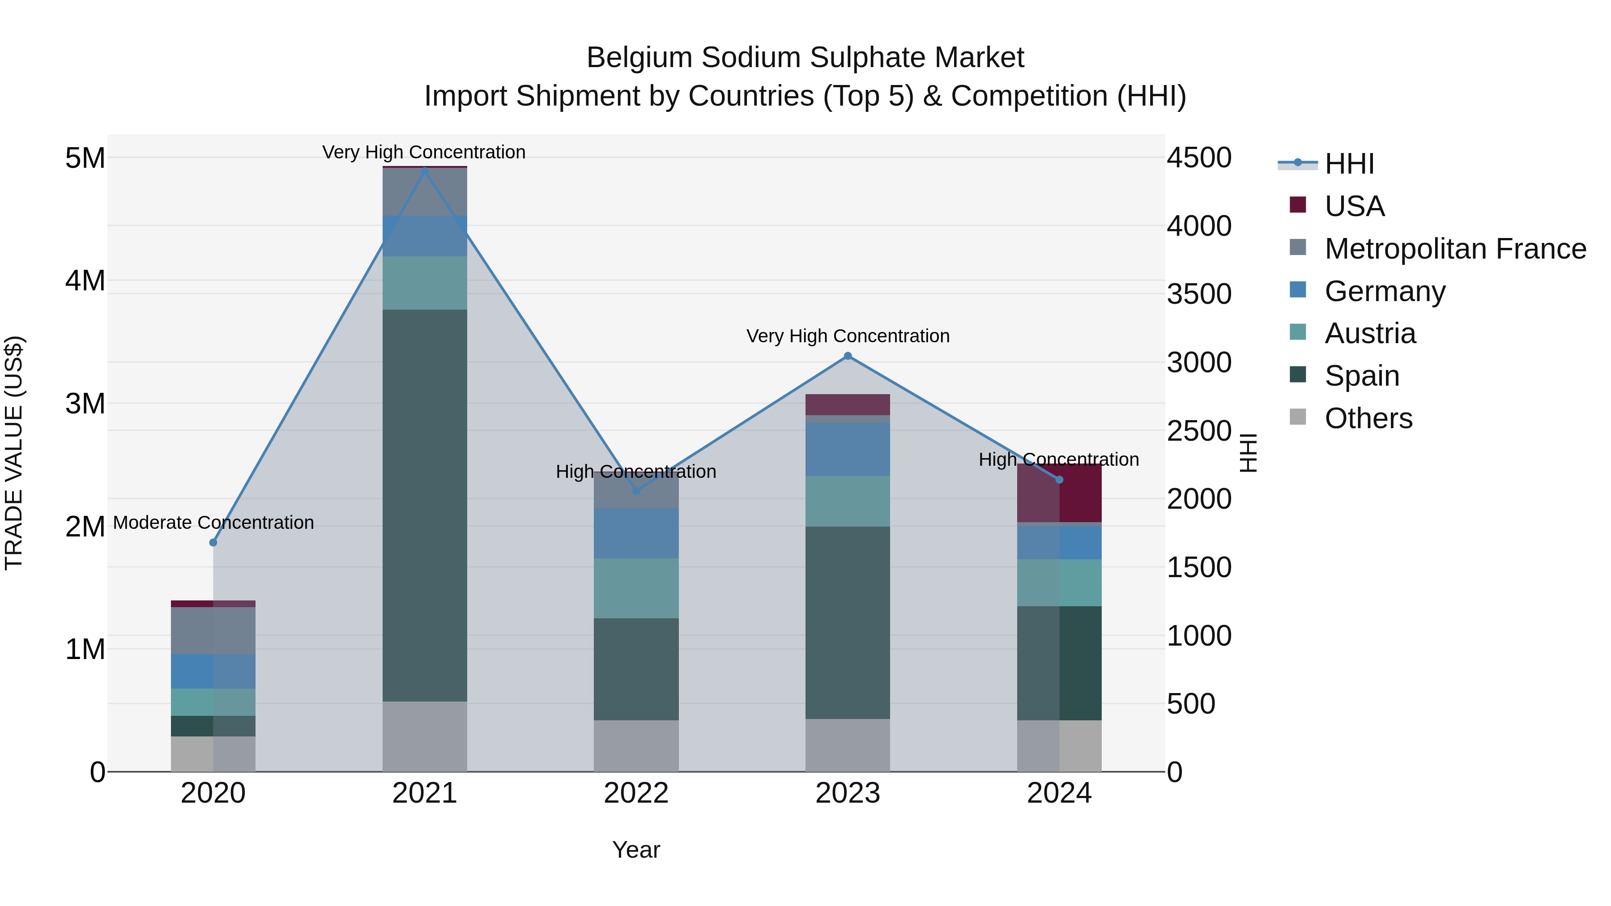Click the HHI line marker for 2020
click(x=213, y=543)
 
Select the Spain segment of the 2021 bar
click(x=425, y=505)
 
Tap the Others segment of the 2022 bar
click(x=636, y=746)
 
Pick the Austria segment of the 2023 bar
click(x=848, y=502)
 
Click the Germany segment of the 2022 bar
click(x=636, y=533)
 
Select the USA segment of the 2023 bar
click(x=848, y=404)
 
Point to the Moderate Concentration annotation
click(x=213, y=523)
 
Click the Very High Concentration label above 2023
click(x=848, y=336)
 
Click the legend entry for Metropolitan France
click(x=1455, y=249)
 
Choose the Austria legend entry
click(x=1370, y=334)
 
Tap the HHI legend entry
click(x=1349, y=164)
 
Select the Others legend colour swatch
click(x=1298, y=417)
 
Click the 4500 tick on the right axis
click(x=1199, y=157)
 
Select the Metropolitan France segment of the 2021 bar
click(x=425, y=192)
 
